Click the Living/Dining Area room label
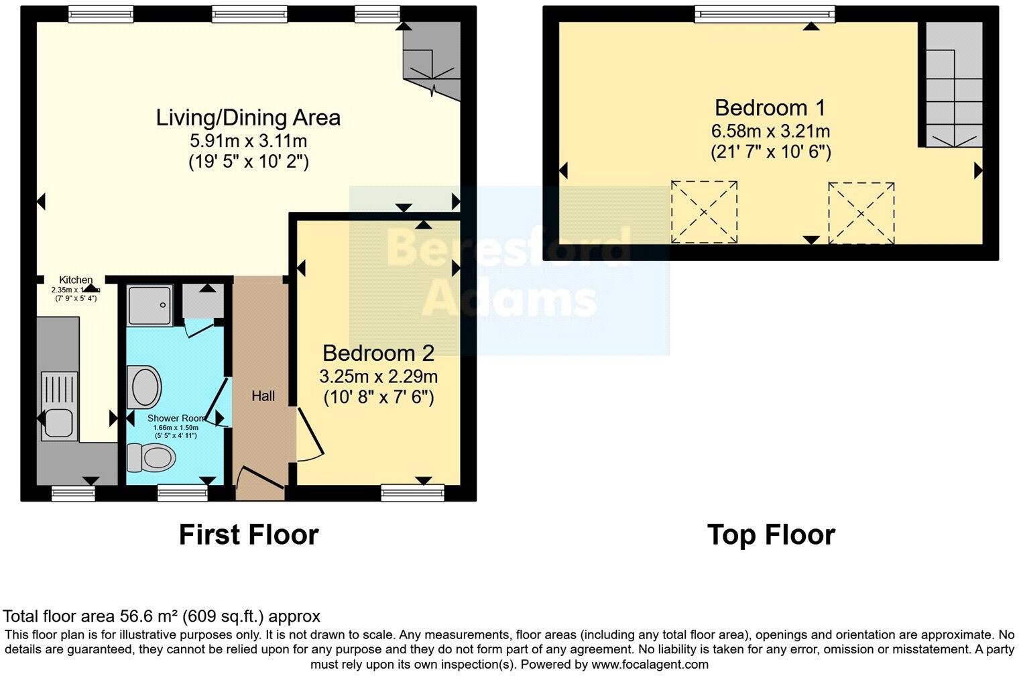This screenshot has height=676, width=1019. [248, 117]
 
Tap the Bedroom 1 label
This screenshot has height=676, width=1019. [770, 107]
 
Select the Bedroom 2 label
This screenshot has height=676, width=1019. [378, 353]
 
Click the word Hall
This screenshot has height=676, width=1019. [263, 396]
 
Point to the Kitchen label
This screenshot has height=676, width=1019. [76, 280]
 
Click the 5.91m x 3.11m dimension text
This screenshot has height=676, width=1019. [249, 141]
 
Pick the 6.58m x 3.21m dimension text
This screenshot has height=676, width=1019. [770, 131]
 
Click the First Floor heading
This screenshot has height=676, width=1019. [248, 534]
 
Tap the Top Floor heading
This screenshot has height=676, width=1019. [771, 534]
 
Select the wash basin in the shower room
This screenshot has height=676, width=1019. [145, 387]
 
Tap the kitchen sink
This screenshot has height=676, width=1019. [58, 422]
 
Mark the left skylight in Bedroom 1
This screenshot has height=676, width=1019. [704, 212]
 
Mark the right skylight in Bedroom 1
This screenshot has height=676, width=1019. [861, 213]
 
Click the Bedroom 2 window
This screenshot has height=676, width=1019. [412, 493]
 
